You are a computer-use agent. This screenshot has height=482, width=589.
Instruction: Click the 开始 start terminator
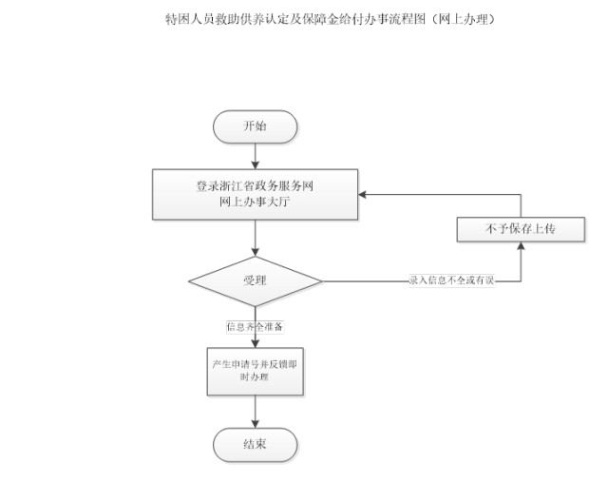pyautogui.click(x=255, y=126)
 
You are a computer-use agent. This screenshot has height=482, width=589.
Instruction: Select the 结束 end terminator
pyautogui.click(x=255, y=445)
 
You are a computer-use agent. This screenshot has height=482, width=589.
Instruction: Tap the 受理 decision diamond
pyautogui.click(x=255, y=281)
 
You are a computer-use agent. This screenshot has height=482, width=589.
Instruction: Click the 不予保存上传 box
pyautogui.click(x=521, y=229)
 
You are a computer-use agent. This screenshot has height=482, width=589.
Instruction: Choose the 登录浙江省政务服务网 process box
pyautogui.click(x=255, y=194)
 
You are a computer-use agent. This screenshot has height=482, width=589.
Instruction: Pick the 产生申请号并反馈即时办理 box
pyautogui.click(x=255, y=372)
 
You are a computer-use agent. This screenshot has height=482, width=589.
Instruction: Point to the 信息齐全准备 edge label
pyautogui.click(x=255, y=326)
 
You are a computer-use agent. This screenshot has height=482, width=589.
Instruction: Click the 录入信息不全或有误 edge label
pyautogui.click(x=452, y=280)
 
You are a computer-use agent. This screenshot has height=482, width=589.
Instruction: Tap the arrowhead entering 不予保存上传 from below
pyautogui.click(x=521, y=245)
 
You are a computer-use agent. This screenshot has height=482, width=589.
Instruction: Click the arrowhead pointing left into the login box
pyautogui.click(x=362, y=194)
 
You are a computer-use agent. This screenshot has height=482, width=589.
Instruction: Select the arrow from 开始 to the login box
pyautogui.click(x=255, y=156)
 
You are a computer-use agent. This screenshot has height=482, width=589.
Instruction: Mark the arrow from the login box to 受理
pyautogui.click(x=255, y=238)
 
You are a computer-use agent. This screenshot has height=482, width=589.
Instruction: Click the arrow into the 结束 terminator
pyautogui.click(x=255, y=412)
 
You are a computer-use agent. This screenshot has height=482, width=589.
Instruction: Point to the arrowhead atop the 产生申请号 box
pyautogui.click(x=255, y=343)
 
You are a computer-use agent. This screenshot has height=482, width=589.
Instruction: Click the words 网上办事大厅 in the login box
pyautogui.click(x=255, y=202)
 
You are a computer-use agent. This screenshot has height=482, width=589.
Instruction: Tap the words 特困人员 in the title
pyautogui.click(x=190, y=19)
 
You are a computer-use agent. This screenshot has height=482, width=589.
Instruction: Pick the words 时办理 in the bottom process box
pyautogui.click(x=255, y=376)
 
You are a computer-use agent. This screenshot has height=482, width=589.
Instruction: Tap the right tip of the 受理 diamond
pyautogui.click(x=322, y=281)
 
